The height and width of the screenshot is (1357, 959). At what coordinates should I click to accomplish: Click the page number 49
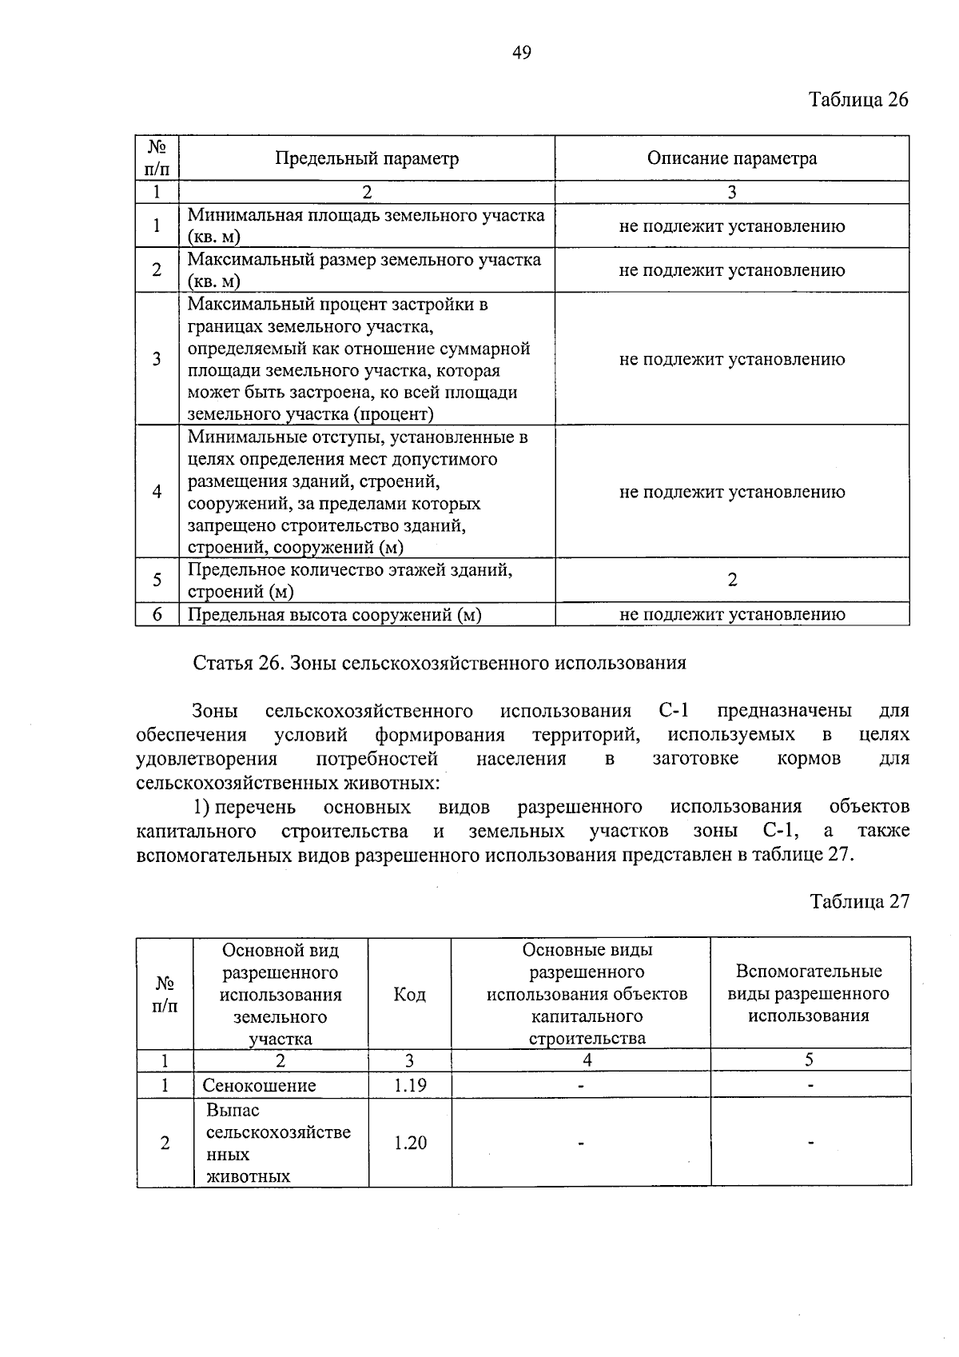coord(521,53)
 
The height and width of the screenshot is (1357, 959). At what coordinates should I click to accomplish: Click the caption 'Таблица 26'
coord(858,100)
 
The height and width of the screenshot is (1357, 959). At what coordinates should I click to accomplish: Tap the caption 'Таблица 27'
coord(859,901)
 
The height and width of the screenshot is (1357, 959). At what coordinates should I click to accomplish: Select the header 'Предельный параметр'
coord(367,158)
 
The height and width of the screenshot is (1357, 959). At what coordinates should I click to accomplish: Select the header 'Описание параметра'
coord(731,158)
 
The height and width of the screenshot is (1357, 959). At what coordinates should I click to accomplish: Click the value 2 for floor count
coord(732,580)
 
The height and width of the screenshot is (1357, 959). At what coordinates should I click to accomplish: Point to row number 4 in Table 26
coord(157,491)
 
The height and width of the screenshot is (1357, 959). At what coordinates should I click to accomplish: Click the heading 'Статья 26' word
coord(235,663)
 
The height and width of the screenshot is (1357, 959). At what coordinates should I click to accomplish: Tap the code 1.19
coord(410,1085)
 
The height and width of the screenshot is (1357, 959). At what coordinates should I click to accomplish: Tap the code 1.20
coord(410,1143)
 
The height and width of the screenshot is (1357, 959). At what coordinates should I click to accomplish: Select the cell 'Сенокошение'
coord(259,1085)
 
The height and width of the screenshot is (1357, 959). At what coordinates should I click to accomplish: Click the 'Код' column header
coord(409,994)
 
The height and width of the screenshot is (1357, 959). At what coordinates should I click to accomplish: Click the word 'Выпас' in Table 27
coord(233,1111)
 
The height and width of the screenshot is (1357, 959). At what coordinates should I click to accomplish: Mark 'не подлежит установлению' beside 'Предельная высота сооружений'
coord(731,614)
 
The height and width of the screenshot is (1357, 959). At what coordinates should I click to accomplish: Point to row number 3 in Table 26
coord(157,358)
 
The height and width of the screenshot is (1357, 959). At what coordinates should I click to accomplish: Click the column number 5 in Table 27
coord(809,1060)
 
